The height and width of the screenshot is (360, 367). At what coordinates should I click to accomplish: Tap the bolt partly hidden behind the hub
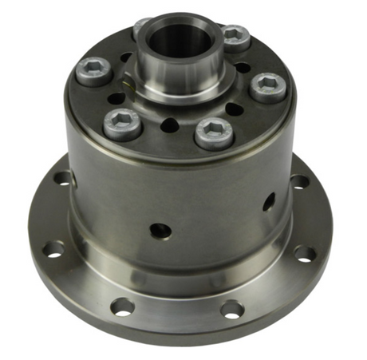pyautogui.click(x=141, y=27)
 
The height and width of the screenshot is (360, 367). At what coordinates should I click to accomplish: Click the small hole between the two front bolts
pyautogui.click(x=170, y=125)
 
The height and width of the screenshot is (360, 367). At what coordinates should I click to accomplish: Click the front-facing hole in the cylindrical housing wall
pyautogui.click(x=161, y=230)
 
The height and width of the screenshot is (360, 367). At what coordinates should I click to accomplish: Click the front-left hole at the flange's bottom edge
pyautogui.click(x=122, y=306)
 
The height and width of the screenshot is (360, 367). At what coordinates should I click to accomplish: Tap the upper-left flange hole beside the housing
pyautogui.click(x=63, y=178)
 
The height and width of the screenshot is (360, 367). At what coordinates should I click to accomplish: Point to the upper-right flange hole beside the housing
pyautogui.click(x=300, y=181)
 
